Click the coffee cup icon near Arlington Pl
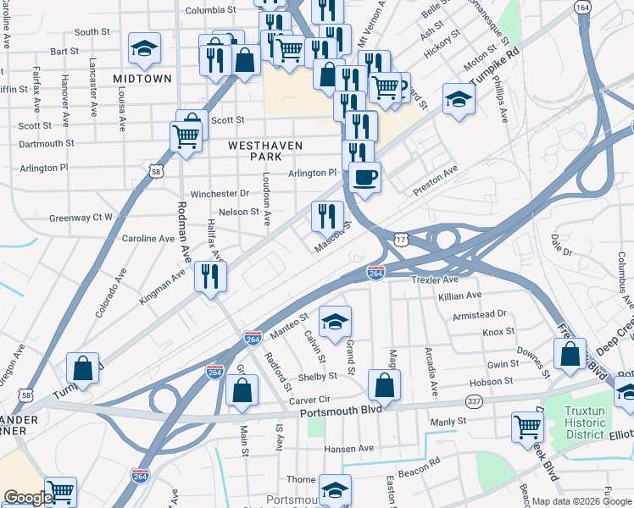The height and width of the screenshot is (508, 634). (364, 178)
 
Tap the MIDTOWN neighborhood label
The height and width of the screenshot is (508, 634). (142, 79)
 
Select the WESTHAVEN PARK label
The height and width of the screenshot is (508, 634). (265, 152)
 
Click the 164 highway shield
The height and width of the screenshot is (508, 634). (581, 8)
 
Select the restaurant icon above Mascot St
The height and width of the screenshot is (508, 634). (327, 216)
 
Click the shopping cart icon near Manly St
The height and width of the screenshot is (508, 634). (527, 428)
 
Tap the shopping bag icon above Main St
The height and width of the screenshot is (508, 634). (242, 390)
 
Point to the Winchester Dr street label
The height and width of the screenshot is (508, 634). (220, 194)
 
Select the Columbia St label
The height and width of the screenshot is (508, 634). (210, 10)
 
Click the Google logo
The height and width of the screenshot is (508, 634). (28, 498)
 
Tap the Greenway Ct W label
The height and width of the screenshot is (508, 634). (81, 218)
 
